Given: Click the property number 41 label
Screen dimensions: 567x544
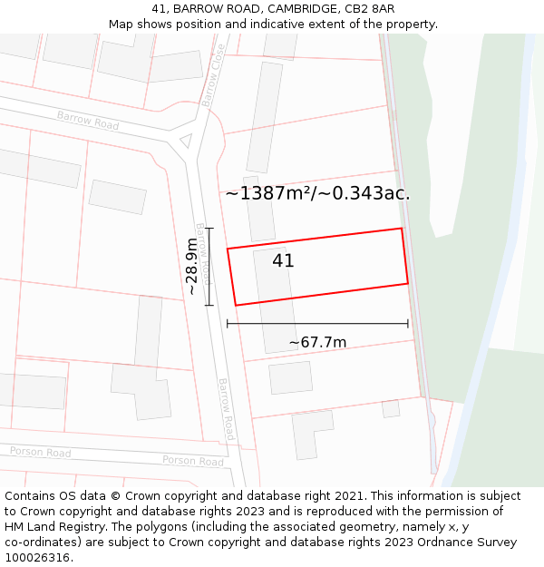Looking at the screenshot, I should (283, 260).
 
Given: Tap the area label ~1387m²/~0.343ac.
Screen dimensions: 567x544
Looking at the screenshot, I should (317, 193).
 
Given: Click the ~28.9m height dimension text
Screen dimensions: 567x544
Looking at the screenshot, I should (191, 266).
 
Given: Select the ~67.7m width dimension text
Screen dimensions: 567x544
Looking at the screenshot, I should (317, 342).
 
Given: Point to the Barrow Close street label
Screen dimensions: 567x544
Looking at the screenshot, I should (215, 75).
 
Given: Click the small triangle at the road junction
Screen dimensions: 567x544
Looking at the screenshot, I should (186, 140).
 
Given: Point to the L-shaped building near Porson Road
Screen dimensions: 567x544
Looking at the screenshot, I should (310, 431).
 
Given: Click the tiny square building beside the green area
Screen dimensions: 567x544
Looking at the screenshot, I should (391, 409).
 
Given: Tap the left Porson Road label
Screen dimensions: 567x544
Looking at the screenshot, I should (40, 452).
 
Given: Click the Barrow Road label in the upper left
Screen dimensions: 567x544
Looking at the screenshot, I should (88, 121).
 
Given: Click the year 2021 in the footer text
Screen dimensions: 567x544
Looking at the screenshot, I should (348, 496).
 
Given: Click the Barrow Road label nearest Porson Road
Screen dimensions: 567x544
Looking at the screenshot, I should (227, 409).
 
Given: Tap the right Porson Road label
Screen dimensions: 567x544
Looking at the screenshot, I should (192, 461).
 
